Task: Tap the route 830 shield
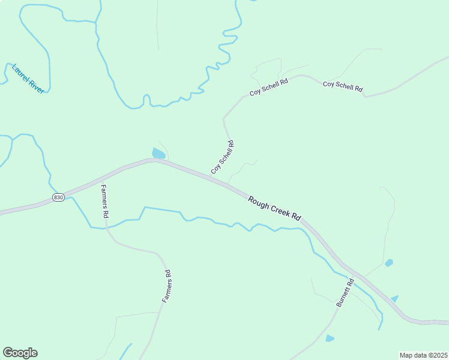coord(58,197)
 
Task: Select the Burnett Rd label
coord(345,293)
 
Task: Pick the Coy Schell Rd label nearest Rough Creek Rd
coord(222,157)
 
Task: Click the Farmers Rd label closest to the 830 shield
coord(104,201)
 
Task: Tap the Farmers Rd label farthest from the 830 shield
coord(167,286)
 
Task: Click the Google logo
coord(20,353)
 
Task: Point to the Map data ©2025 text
coord(423,355)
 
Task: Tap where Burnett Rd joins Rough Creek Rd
coord(355,273)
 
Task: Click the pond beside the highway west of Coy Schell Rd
coord(158,154)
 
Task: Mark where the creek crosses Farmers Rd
coord(107,227)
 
